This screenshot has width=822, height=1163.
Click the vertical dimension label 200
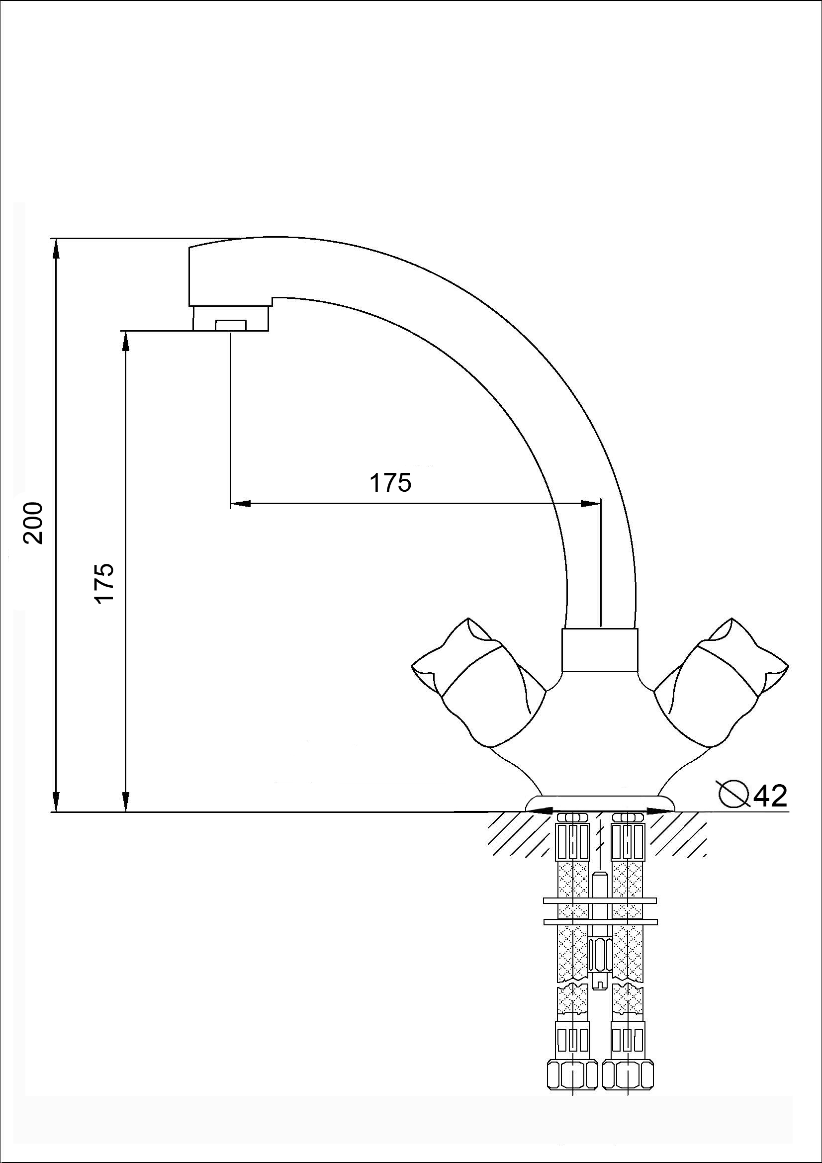tap(34, 523)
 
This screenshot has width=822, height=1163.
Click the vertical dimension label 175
tap(105, 583)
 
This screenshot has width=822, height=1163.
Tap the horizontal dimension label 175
tap(390, 483)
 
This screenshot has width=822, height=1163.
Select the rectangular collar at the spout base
tap(600, 650)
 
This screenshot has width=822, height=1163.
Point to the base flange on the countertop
tap(601, 804)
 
